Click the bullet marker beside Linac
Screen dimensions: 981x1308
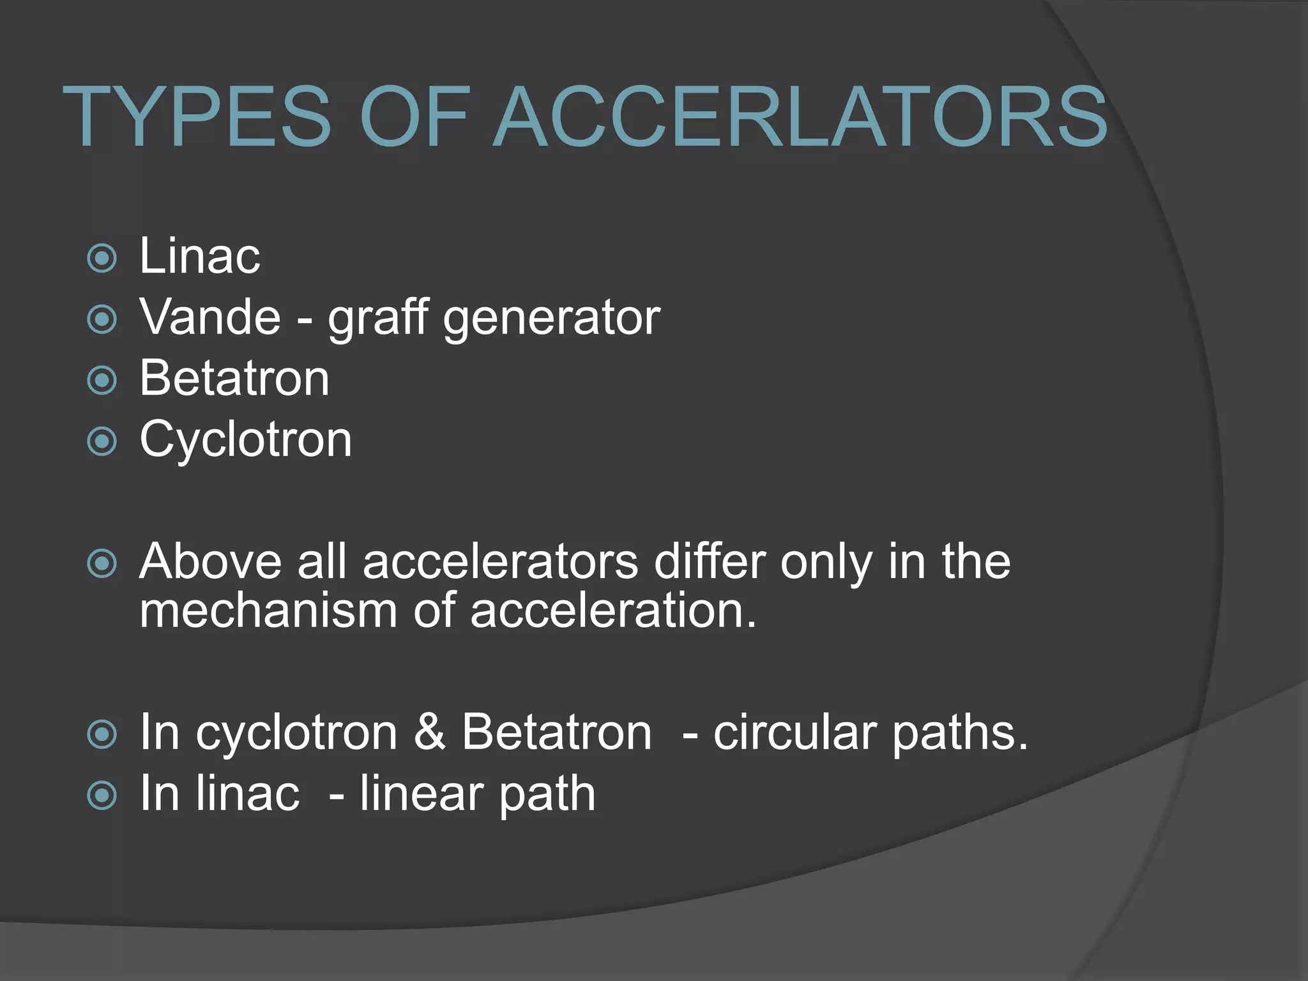(102, 259)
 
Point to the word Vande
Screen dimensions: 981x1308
(210, 317)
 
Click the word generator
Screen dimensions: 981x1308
(552, 318)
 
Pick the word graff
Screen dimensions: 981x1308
(377, 318)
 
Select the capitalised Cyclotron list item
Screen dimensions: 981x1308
(246, 440)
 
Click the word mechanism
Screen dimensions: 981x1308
(268, 611)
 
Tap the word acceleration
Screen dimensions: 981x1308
(613, 611)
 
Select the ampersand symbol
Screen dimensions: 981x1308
(429, 732)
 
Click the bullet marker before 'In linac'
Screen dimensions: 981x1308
(102, 795)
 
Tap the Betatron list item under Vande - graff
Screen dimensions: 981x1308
(234, 379)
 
